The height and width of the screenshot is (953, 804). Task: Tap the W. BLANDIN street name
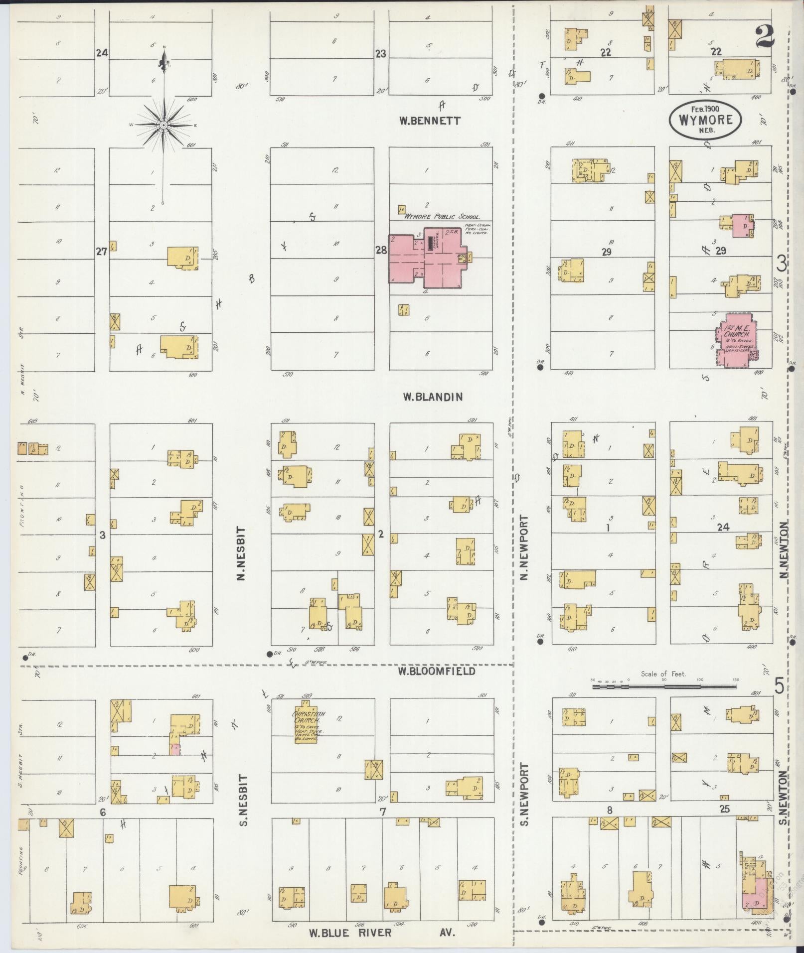click(x=433, y=397)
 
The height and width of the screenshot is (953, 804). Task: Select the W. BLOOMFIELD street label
click(x=436, y=672)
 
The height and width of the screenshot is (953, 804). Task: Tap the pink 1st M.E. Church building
click(x=736, y=340)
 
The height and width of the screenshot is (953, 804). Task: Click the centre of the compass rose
click(x=163, y=125)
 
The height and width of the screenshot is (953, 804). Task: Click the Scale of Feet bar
click(x=664, y=687)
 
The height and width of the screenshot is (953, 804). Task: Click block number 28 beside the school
click(x=381, y=251)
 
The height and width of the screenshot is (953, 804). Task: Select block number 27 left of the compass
click(x=102, y=252)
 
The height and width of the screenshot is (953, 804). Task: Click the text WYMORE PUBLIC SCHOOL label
click(x=442, y=217)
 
